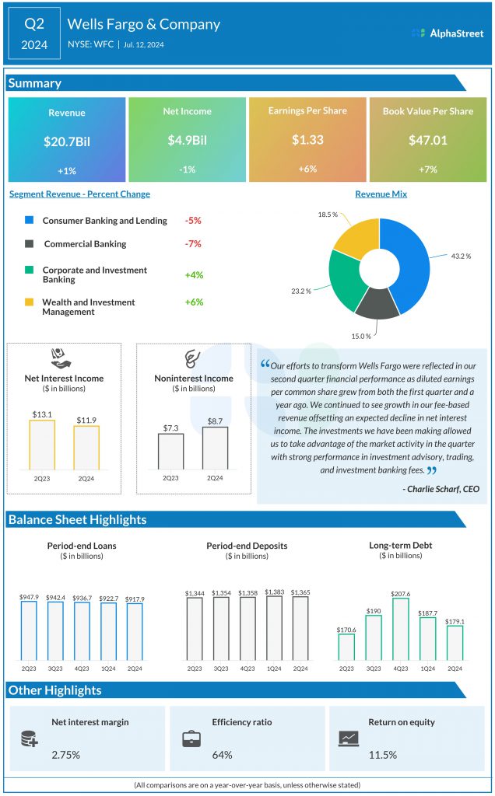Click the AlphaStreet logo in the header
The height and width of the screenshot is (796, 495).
coord(447,33)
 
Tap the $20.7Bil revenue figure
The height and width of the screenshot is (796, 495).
coord(67,141)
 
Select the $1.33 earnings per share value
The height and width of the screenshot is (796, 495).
coord(307,140)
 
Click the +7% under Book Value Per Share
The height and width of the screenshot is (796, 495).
coord(427,169)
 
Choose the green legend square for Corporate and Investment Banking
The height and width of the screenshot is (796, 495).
coord(30,270)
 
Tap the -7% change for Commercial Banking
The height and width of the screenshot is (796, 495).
coord(193,243)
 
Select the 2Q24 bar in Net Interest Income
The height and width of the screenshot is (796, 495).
coord(86,447)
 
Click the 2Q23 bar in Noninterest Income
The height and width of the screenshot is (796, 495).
coord(170,451)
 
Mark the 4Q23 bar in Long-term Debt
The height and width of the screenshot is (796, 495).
coord(399,629)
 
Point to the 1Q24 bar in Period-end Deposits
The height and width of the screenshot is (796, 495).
coord(274,628)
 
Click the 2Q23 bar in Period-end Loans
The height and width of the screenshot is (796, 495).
coord(30,630)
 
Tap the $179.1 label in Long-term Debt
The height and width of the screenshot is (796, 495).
coord(455,621)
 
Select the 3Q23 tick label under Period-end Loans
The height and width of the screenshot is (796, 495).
coord(56,668)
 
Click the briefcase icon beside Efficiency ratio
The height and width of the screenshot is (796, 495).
coord(191,739)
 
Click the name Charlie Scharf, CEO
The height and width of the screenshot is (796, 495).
coord(441,488)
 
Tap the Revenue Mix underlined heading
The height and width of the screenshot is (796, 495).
coord(381,194)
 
